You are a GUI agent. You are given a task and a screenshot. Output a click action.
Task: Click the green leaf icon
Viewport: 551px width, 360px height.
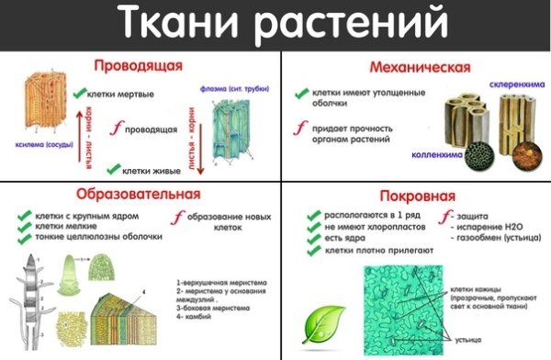(x=324, y=321)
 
